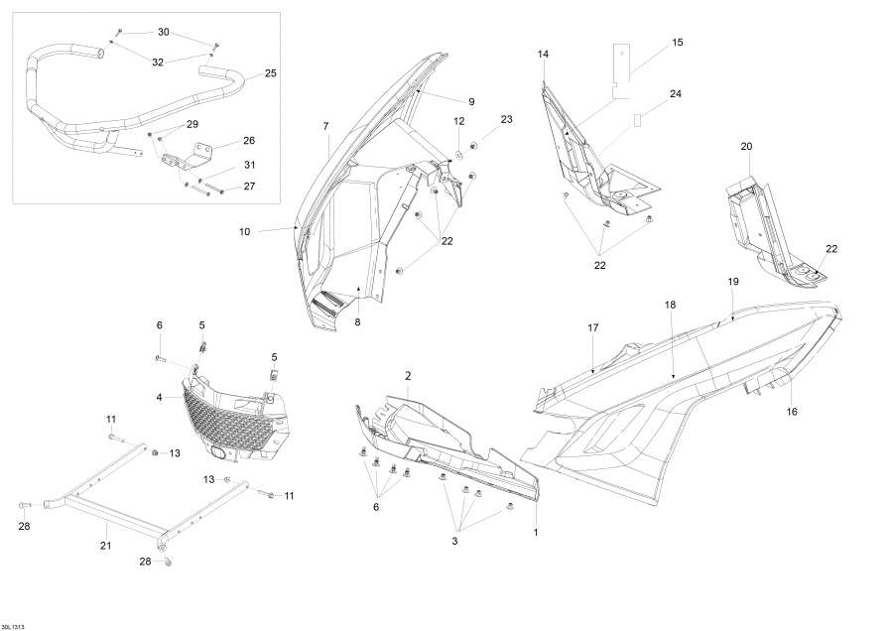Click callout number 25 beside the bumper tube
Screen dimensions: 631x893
coord(271,73)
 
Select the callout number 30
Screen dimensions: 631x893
coord(163,33)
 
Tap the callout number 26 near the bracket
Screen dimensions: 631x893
coord(249,140)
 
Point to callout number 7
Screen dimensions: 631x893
coord(325,126)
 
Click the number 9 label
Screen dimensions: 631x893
coord(471,101)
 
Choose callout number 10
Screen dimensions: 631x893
coord(244,232)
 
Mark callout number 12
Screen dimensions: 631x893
coord(459,121)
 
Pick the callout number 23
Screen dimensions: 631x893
coord(507,119)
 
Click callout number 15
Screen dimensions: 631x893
coord(678,43)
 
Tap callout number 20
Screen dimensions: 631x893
coord(746,147)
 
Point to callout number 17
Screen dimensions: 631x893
coord(593,327)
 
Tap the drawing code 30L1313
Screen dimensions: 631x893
coord(14,622)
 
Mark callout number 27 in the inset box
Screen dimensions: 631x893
coord(249,186)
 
